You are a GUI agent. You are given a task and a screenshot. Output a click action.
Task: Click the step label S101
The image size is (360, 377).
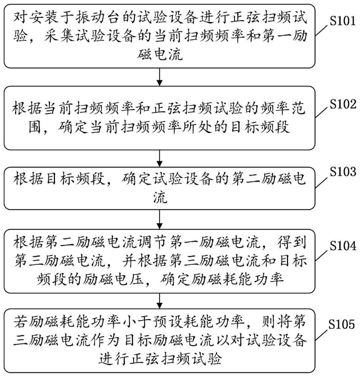pos(342,21)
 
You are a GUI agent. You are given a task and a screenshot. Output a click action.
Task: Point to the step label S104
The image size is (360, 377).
pos(342,247)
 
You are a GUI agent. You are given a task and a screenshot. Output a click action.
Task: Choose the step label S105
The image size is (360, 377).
pos(342,324)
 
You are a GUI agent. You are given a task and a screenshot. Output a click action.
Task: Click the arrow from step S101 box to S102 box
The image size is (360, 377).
pos(160,77)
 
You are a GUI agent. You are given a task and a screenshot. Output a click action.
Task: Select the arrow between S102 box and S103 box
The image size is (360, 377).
pos(160,158)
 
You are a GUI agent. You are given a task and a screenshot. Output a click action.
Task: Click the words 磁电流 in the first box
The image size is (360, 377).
pos(160,56)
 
